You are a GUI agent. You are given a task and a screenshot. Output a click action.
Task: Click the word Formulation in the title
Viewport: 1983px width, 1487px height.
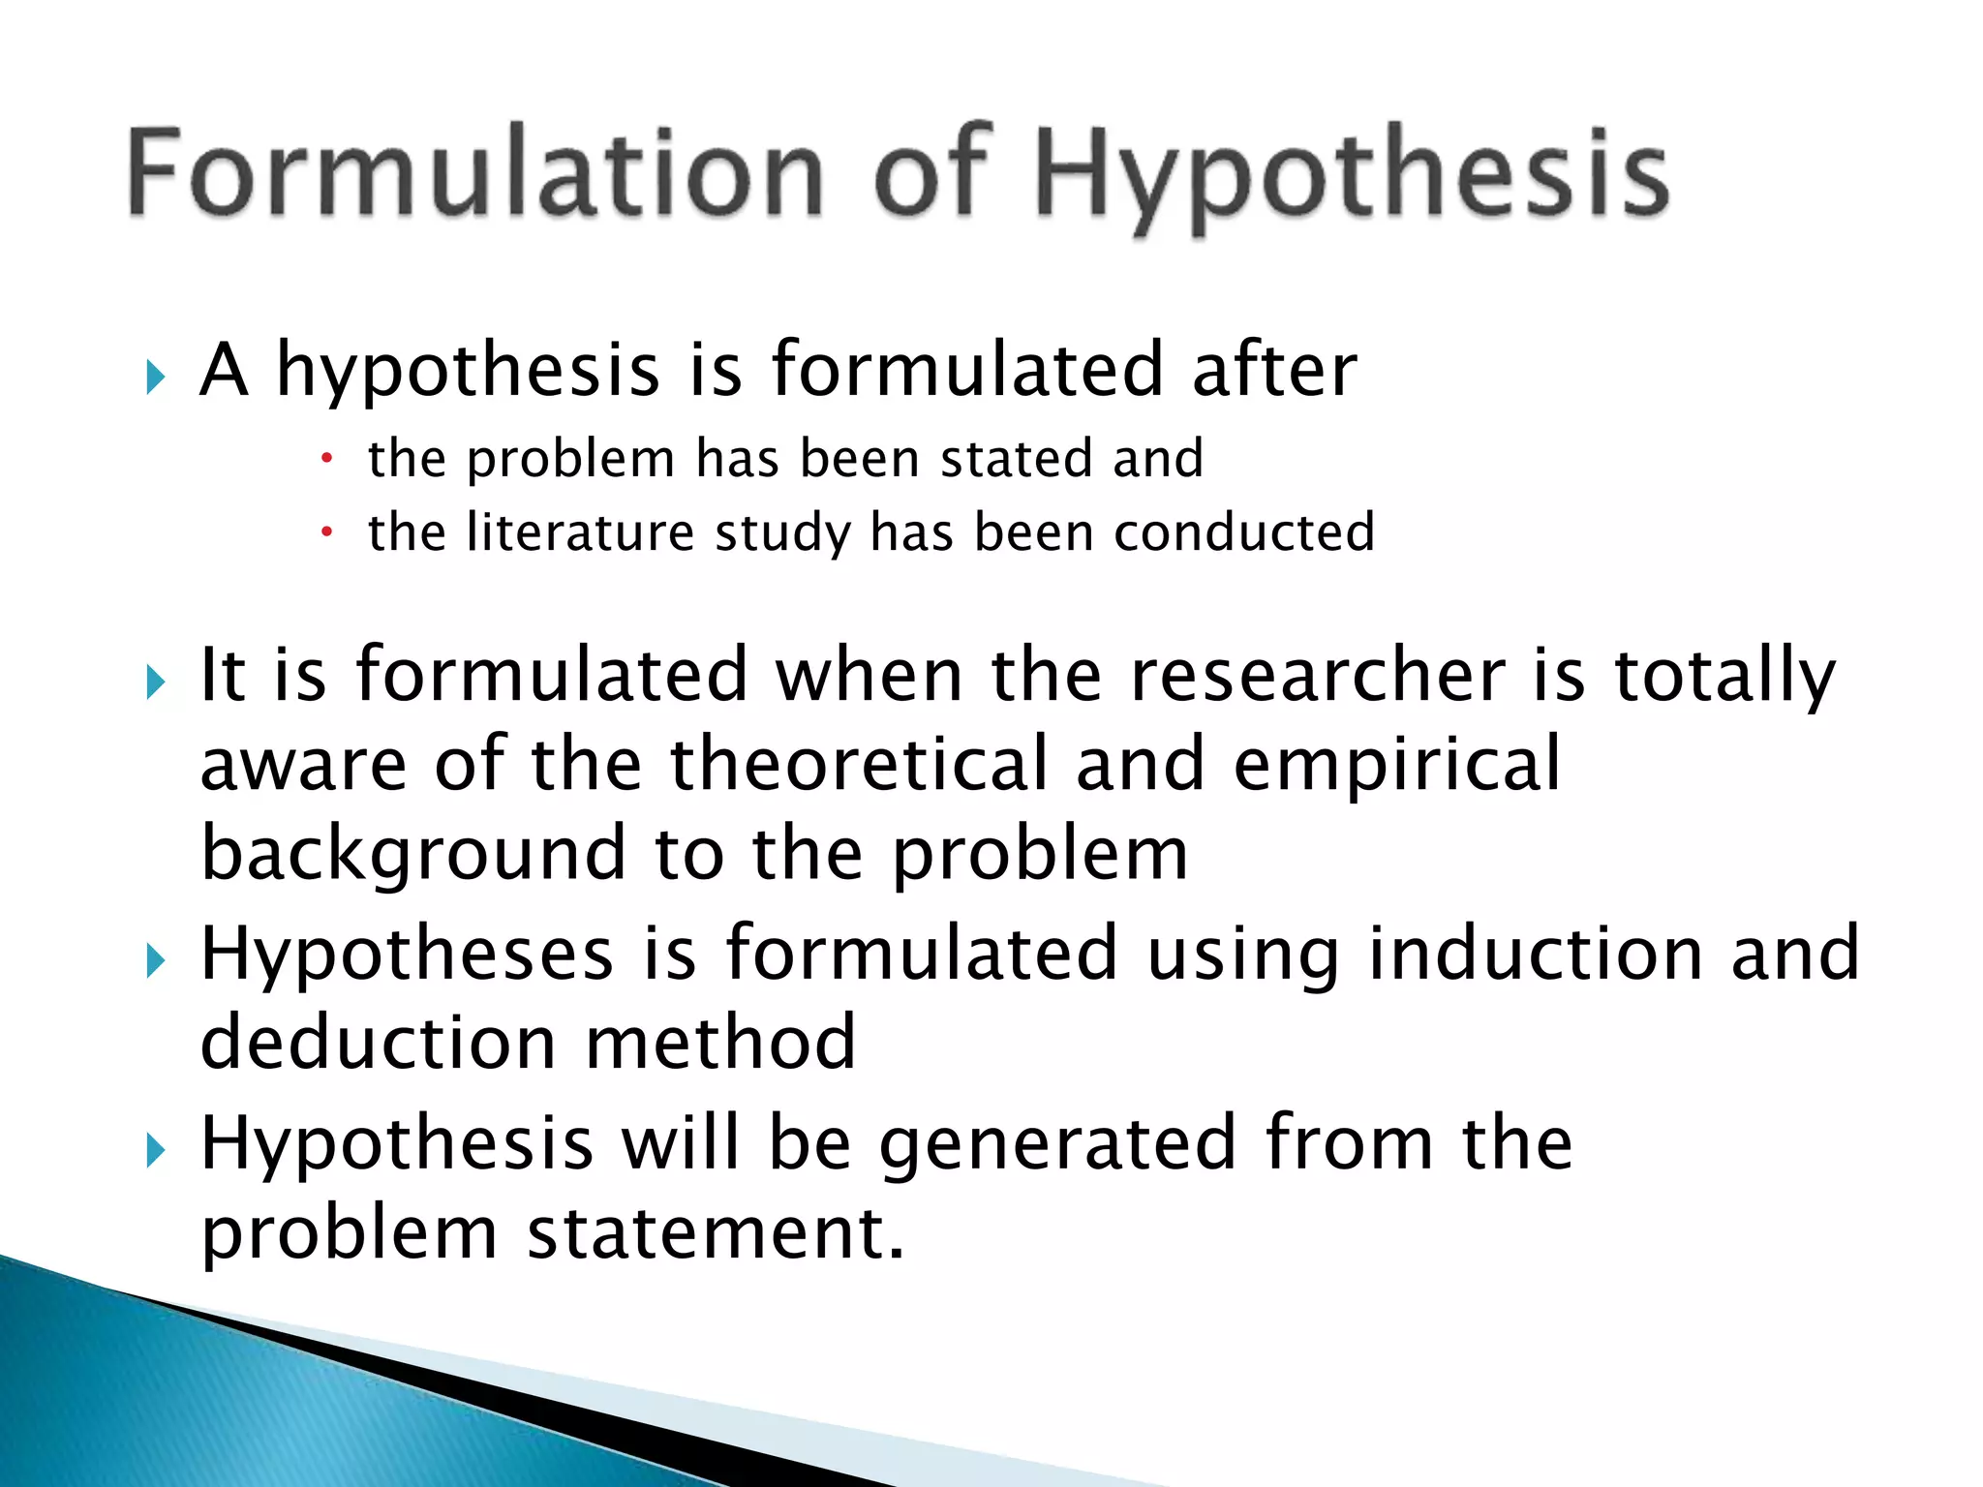click(474, 172)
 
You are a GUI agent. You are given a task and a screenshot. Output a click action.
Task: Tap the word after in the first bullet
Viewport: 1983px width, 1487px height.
click(1274, 370)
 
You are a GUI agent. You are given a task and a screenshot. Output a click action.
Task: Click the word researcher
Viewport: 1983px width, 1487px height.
click(1318, 675)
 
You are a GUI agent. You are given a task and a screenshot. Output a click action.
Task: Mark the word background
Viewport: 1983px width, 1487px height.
click(413, 855)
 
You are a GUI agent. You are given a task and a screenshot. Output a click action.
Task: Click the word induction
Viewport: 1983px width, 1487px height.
click(1535, 954)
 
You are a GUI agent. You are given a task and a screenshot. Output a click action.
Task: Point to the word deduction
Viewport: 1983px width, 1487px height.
click(378, 1043)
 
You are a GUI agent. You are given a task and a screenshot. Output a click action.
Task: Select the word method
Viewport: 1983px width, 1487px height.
click(720, 1043)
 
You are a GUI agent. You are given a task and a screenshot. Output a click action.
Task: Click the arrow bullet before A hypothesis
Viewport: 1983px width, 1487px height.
click(156, 377)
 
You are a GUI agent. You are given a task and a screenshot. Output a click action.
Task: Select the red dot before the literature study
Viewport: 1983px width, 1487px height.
click(327, 532)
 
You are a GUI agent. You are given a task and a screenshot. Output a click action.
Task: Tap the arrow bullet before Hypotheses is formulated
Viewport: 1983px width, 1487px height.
click(156, 961)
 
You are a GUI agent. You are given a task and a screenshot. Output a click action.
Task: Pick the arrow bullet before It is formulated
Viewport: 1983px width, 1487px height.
click(156, 683)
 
